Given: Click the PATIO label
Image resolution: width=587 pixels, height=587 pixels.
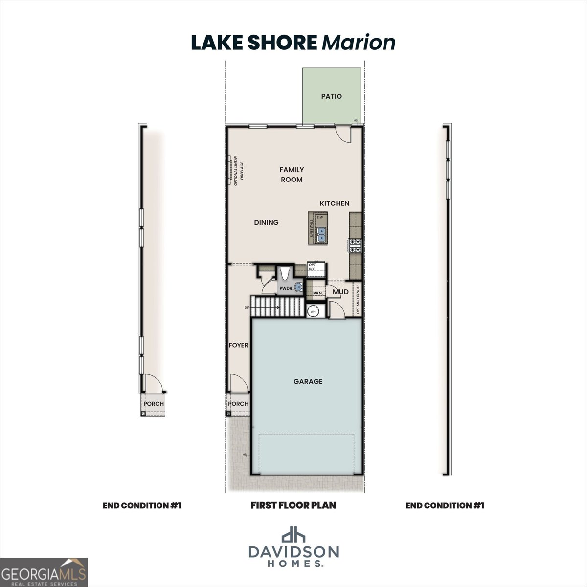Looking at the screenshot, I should click(x=331, y=96).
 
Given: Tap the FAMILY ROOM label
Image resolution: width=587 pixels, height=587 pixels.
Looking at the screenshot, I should click(x=292, y=175).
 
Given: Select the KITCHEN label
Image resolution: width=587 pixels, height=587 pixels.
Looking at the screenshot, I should click(x=335, y=203).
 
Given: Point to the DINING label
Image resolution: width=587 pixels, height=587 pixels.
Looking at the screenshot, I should click(x=266, y=222).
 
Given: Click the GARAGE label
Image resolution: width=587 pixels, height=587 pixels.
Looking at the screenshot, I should click(x=308, y=381).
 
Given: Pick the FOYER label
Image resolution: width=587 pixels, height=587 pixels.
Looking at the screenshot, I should click(x=238, y=345).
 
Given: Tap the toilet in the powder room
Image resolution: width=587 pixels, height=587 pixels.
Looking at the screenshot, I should click(x=284, y=272).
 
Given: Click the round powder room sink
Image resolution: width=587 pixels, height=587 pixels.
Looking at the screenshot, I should click(x=298, y=288).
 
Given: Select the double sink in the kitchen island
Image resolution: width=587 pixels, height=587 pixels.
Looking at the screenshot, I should click(x=321, y=234).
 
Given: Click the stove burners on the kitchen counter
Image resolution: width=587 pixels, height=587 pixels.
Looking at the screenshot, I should click(x=355, y=245).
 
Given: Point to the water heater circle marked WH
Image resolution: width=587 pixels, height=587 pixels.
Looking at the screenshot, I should click(x=313, y=310).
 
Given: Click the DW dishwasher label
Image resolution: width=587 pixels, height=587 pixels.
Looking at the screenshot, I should click(x=320, y=217).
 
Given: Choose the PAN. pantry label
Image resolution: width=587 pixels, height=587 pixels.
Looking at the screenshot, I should click(x=317, y=293).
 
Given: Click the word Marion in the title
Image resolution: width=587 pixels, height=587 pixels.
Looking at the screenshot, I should click(x=359, y=43).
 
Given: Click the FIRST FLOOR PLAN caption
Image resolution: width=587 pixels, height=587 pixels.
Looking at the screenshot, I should click(x=293, y=505).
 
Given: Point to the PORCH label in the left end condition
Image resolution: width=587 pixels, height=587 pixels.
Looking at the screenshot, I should click(x=154, y=404).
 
